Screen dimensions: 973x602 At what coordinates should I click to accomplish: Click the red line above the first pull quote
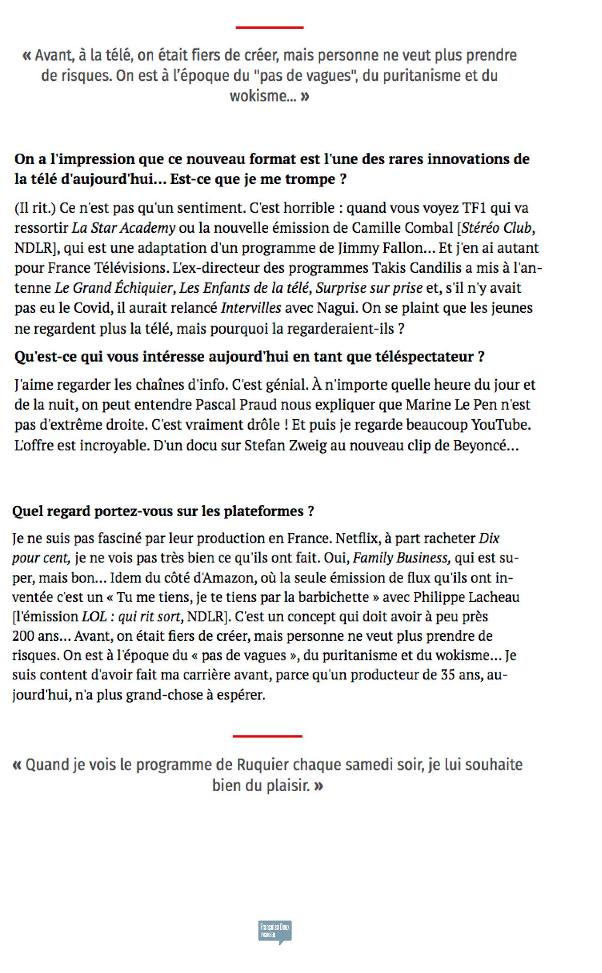point(269,28)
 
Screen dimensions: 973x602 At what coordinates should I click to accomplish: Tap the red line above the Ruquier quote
point(267,736)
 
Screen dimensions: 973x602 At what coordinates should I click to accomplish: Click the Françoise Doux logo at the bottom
point(276,932)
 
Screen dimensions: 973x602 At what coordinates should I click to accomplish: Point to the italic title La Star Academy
point(123,228)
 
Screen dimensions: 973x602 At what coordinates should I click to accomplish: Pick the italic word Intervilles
point(251,308)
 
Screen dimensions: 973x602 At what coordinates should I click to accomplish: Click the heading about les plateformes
point(163,511)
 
